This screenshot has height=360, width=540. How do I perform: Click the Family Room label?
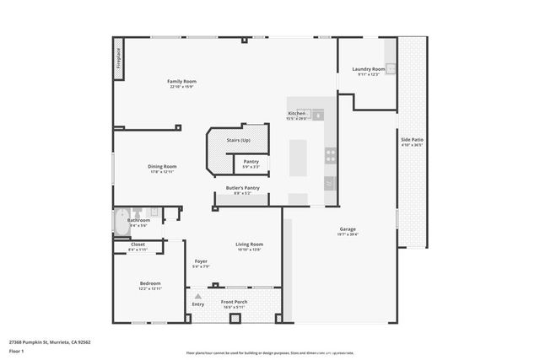tap(181, 81)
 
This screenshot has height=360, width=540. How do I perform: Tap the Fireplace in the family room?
tap(119, 58)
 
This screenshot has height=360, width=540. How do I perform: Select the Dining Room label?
tap(163, 166)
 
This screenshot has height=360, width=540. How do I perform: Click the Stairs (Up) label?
tap(239, 140)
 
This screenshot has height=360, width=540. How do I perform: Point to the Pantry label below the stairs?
tap(251, 161)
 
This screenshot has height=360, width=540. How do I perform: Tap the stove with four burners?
tap(330, 155)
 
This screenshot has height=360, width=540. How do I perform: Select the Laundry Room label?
tap(369, 68)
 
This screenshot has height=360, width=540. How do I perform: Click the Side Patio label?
tap(413, 141)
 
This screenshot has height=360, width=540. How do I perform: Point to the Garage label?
tap(347, 228)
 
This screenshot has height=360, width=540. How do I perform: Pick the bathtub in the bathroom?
tap(120, 221)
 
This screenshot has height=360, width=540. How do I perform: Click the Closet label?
tap(138, 244)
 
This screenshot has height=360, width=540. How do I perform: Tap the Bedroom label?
tap(150, 283)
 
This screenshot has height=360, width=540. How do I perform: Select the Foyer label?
tap(201, 261)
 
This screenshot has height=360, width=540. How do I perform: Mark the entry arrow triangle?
tap(197, 296)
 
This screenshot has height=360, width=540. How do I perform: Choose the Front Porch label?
tap(234, 302)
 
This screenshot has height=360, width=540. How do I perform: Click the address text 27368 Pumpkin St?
tap(49, 342)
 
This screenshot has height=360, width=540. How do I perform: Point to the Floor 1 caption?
tap(18, 351)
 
